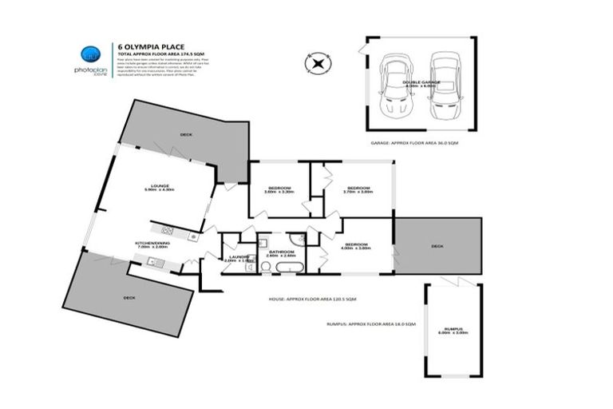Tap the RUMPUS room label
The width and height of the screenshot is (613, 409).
click(452, 329)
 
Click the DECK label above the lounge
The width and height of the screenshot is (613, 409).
click(186, 134)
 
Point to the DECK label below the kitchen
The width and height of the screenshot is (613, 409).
click(129, 297)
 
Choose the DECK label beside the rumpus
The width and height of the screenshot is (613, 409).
click(437, 246)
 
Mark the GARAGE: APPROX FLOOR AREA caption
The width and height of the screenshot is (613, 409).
click(414, 143)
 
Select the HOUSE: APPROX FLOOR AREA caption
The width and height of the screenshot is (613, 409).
click(312, 299)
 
